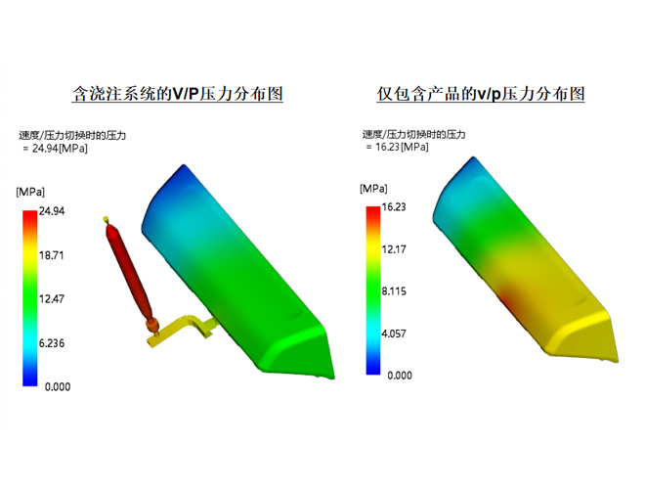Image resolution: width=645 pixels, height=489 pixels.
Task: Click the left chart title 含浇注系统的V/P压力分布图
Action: point(177,94)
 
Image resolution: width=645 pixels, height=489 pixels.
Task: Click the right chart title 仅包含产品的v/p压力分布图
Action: point(481,94)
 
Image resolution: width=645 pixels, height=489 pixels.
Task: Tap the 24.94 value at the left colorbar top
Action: point(52,211)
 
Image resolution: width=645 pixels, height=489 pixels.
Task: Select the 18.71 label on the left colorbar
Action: point(52,255)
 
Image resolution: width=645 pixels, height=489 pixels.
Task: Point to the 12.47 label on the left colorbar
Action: point(52,299)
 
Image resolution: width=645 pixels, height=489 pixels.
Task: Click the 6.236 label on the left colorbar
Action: point(52,343)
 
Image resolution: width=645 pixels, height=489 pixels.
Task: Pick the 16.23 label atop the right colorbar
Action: point(394,206)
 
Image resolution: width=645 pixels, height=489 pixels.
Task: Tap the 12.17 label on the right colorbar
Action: point(394,249)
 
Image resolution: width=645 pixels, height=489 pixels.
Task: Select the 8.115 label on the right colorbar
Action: point(394,291)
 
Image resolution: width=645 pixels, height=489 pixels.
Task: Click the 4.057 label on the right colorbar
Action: point(394,333)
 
